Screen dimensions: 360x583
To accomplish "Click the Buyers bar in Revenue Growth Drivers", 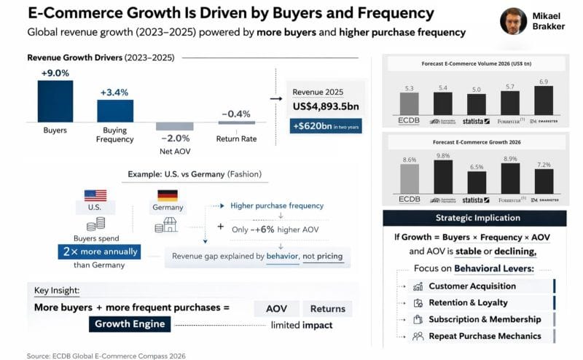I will pyautogui.click(x=55, y=101).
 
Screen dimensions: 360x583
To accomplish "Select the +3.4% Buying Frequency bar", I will pyautogui.click(x=115, y=111).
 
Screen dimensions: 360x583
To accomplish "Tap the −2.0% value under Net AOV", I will pyautogui.click(x=175, y=138).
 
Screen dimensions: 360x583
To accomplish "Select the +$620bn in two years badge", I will pyautogui.click(x=326, y=125).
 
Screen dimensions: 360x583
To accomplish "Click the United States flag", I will pyautogui.click(x=95, y=195).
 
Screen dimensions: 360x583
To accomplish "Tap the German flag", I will pyautogui.click(x=168, y=195).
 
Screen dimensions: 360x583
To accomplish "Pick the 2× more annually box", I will pyautogui.click(x=98, y=252).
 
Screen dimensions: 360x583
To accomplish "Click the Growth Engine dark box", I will pyautogui.click(x=130, y=324).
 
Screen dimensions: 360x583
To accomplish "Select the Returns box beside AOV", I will pyautogui.click(x=326, y=308).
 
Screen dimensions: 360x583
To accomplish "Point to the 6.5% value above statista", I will pyautogui.click(x=477, y=167).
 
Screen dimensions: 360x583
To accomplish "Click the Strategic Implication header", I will pyautogui.click(x=477, y=217).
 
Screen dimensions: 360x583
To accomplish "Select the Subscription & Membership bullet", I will pyautogui.click(x=485, y=319).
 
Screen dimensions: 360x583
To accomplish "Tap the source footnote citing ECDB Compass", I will pyautogui.click(x=107, y=356).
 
